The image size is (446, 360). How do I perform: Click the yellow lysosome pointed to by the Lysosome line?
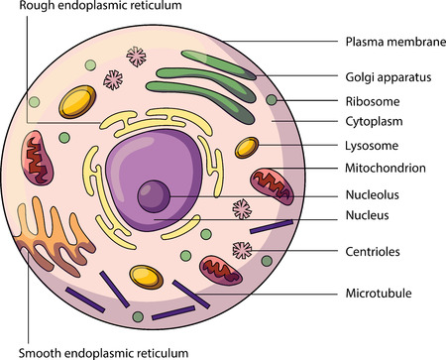246,150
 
